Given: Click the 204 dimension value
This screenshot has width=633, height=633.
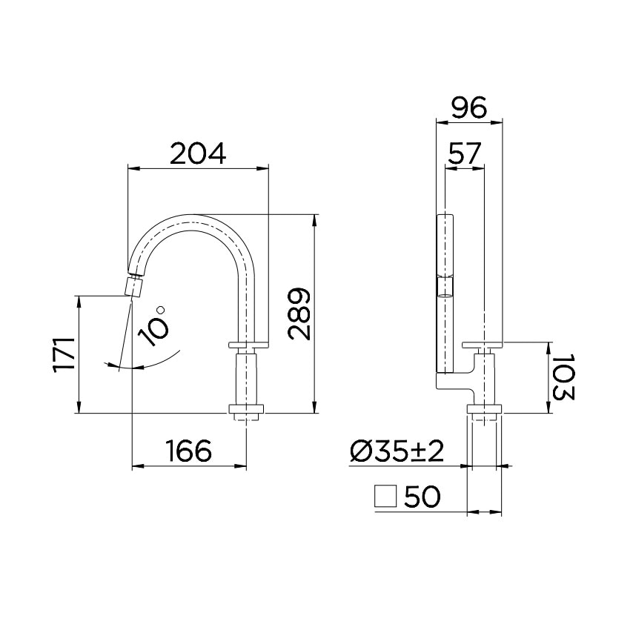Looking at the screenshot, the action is tap(197, 154).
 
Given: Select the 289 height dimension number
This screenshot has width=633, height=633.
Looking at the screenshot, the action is tap(299, 314).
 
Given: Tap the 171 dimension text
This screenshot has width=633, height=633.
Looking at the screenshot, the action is tap(64, 354).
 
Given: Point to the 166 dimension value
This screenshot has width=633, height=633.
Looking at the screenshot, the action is tap(189, 451).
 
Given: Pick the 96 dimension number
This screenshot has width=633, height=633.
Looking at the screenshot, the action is tap(469, 108).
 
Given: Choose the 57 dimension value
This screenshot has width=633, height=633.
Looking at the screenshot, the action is tap(465, 153).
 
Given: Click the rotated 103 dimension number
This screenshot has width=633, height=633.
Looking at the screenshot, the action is tap(563, 377).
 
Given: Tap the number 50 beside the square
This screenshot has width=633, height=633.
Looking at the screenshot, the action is tap(422, 496).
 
